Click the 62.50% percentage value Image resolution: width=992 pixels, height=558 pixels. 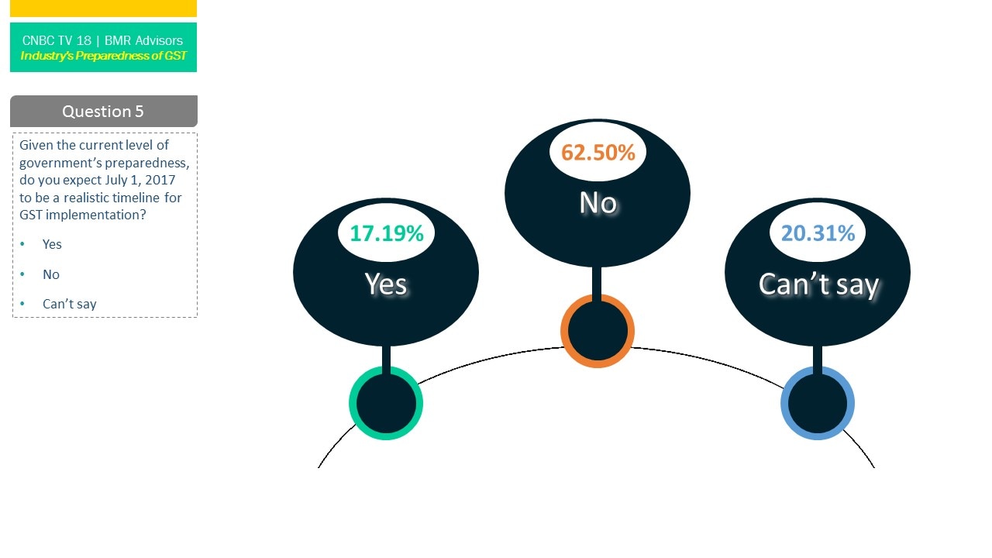pos(598,153)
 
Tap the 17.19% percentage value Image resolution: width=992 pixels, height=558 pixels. pos(386,233)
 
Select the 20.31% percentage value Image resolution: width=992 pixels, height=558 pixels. pos(818,233)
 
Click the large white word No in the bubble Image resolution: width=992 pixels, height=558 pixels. pos(598,203)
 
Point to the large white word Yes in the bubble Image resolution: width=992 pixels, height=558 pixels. pos(386,284)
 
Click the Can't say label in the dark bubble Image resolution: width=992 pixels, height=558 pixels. pos(818,284)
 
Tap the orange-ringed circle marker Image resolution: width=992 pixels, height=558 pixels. pos(598,331)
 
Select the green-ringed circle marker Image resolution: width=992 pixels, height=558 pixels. pos(386,403)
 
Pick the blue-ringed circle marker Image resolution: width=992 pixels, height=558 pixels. pos(818,403)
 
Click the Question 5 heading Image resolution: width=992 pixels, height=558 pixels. pos(103,112)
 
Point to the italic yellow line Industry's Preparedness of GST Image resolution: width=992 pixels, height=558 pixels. pos(103,56)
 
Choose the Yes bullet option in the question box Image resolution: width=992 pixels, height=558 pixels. pos(52,244)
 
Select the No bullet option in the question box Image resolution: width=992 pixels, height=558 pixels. pos(51,274)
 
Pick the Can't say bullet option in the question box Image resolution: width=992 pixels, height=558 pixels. pos(69,304)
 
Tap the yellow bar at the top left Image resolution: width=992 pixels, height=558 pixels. pos(103,8)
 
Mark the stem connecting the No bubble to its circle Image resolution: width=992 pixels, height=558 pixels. pos(598,281)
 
